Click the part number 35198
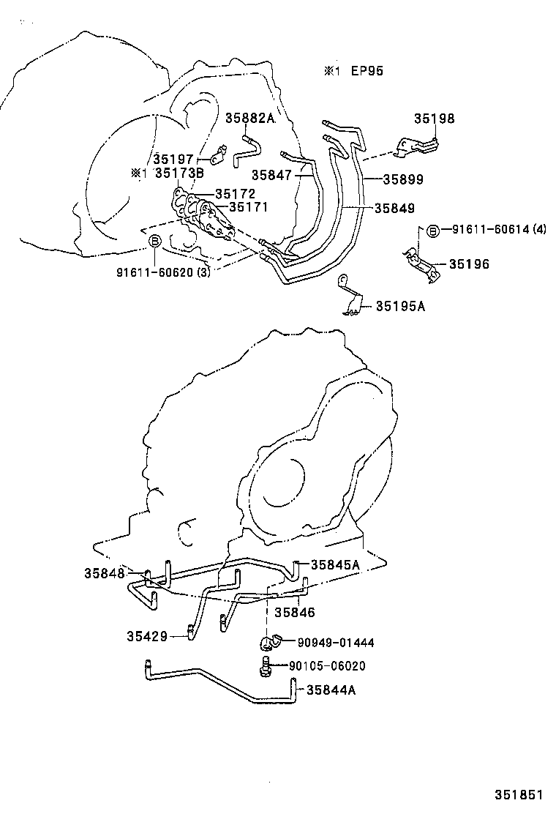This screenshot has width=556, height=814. [434, 119]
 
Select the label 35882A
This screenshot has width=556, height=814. [249, 119]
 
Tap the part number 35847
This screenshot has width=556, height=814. [271, 175]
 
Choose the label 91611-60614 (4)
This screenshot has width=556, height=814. [498, 230]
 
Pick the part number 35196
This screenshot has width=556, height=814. [469, 264]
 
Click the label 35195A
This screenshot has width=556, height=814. [400, 306]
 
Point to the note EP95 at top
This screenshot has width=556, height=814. [367, 71]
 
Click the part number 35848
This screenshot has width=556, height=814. [105, 573]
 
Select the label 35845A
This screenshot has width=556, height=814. [335, 564]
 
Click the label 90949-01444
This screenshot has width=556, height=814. [336, 642]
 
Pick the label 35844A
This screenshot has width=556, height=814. [331, 689]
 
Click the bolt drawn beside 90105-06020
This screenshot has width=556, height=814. [266, 665]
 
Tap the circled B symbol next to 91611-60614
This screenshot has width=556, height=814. [432, 231]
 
